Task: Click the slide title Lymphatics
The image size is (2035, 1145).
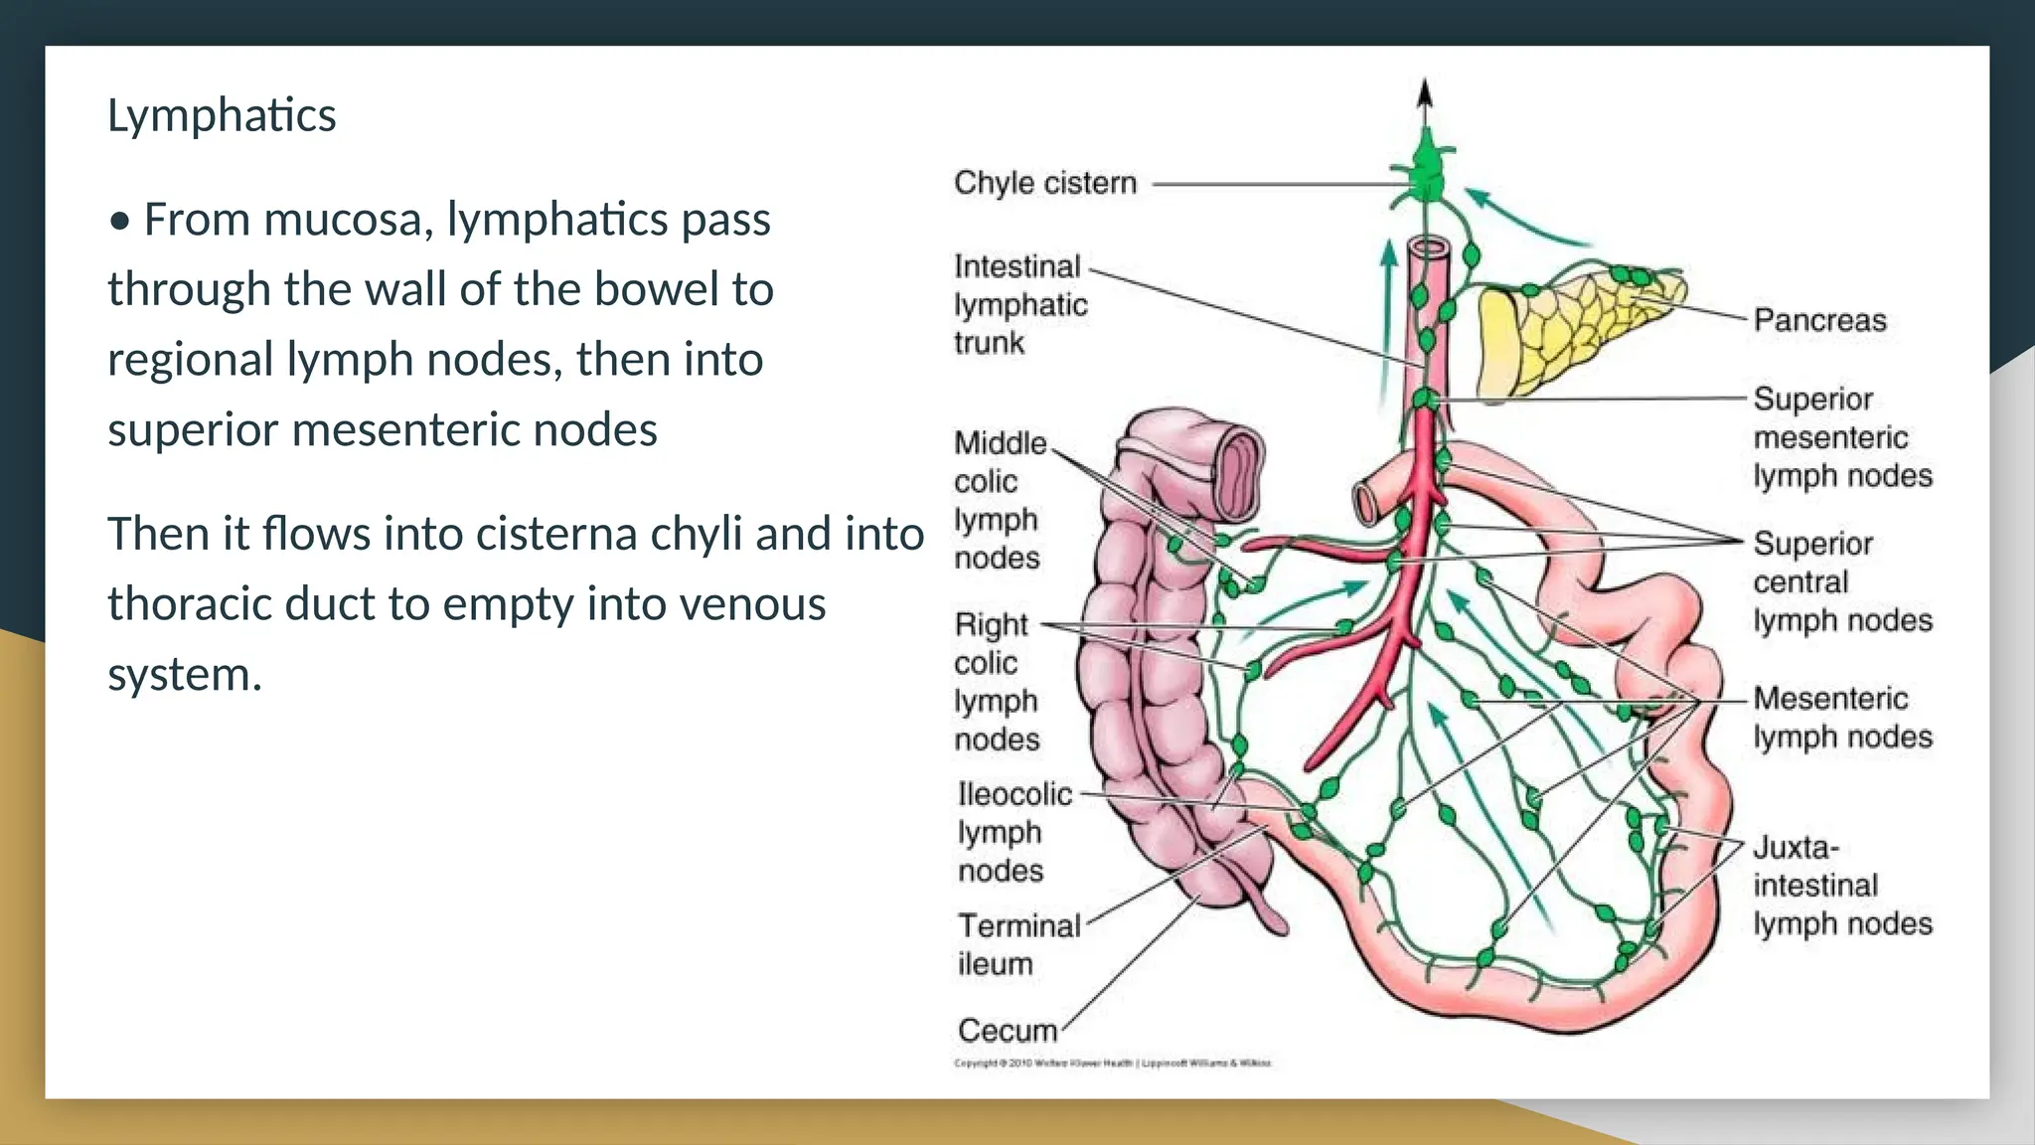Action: pos(222,115)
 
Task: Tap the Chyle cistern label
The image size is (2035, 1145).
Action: pos(1044,183)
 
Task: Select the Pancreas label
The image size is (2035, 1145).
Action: pos(1818,320)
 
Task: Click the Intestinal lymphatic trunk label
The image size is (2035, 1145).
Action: pos(1019,304)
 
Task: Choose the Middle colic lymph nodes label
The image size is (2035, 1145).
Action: pos(999,500)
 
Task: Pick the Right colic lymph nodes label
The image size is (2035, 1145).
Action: pos(997,682)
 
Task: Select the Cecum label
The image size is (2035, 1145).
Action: pos(1007,1031)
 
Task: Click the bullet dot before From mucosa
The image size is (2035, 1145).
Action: pos(120,222)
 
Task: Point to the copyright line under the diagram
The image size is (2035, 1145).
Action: pos(1111,1063)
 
